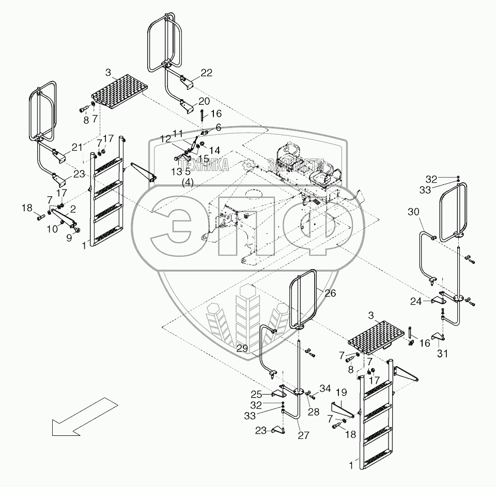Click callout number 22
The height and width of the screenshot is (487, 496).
206,73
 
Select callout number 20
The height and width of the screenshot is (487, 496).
204,101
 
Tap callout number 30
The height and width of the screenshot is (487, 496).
414,212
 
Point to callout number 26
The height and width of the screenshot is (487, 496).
330,293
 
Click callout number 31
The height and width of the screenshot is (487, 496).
443,354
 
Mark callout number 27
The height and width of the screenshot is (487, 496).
303,435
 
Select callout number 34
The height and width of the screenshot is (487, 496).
324,388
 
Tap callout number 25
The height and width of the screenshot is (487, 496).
271,394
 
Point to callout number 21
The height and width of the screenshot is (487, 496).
77,148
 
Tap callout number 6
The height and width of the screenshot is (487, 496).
218,127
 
